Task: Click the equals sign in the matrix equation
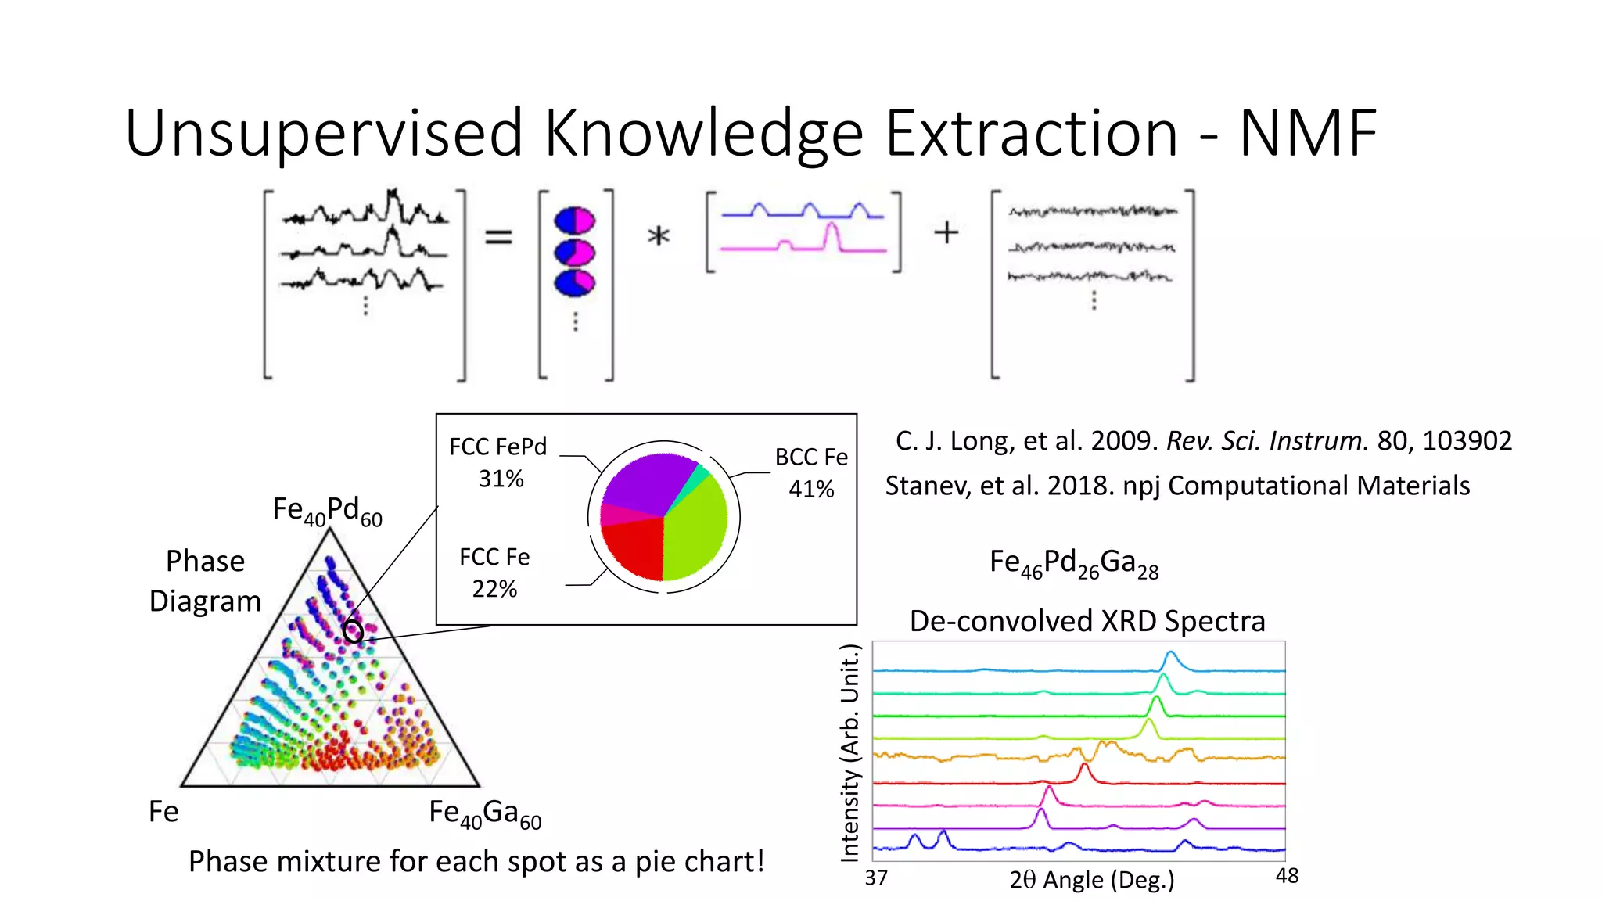tap(498, 236)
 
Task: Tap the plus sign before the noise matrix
tap(946, 232)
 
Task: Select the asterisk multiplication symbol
tap(659, 235)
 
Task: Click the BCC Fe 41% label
tap(811, 472)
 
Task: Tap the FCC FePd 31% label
tap(498, 462)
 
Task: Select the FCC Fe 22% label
tap(494, 573)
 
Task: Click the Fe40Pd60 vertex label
tap(327, 511)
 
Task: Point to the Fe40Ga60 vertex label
tap(485, 813)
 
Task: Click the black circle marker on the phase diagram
tap(353, 630)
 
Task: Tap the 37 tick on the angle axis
tap(876, 878)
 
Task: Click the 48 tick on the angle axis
tap(1287, 876)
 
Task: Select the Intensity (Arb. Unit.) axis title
tap(849, 752)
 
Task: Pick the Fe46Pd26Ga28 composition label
tap(1073, 563)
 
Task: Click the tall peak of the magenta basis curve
tap(832, 231)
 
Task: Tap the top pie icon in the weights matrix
tap(574, 221)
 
